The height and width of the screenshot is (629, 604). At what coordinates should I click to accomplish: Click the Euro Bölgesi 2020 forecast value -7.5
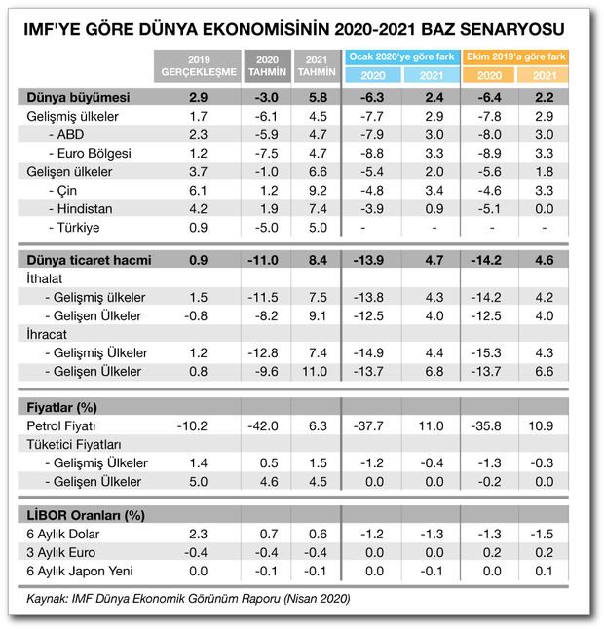click(264, 153)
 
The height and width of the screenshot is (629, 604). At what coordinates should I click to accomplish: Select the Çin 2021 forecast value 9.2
click(317, 190)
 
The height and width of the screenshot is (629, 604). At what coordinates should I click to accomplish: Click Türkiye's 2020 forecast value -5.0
click(264, 227)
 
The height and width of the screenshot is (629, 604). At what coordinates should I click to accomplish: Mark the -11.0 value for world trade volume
click(264, 260)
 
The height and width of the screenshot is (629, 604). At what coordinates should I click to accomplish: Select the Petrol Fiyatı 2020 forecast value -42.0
click(264, 426)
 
